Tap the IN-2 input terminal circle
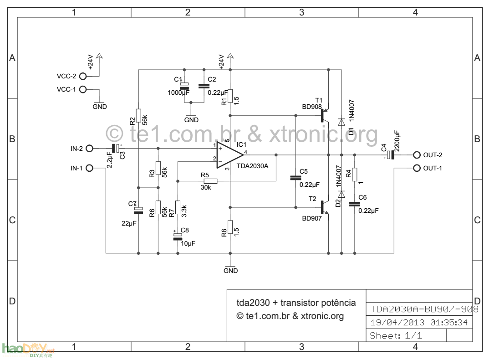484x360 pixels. tap(89, 148)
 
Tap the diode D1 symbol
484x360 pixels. tap(341, 122)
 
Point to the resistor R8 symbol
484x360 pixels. tap(230, 226)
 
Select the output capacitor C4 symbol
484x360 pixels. tap(391, 155)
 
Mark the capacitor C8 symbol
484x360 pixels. tap(178, 236)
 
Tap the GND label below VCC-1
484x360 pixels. tap(99, 107)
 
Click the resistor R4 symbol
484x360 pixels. tap(355, 174)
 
